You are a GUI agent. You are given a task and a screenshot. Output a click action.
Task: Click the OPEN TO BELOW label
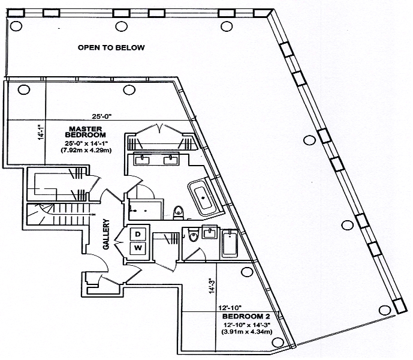click(x=111, y=47)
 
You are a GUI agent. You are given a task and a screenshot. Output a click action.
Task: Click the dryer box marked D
click(x=137, y=233)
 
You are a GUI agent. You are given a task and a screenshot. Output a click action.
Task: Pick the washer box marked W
click(x=137, y=247)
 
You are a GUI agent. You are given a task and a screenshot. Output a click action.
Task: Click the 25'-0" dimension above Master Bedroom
click(x=103, y=117)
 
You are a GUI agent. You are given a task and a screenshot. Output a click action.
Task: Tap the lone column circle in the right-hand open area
click(x=309, y=140)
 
